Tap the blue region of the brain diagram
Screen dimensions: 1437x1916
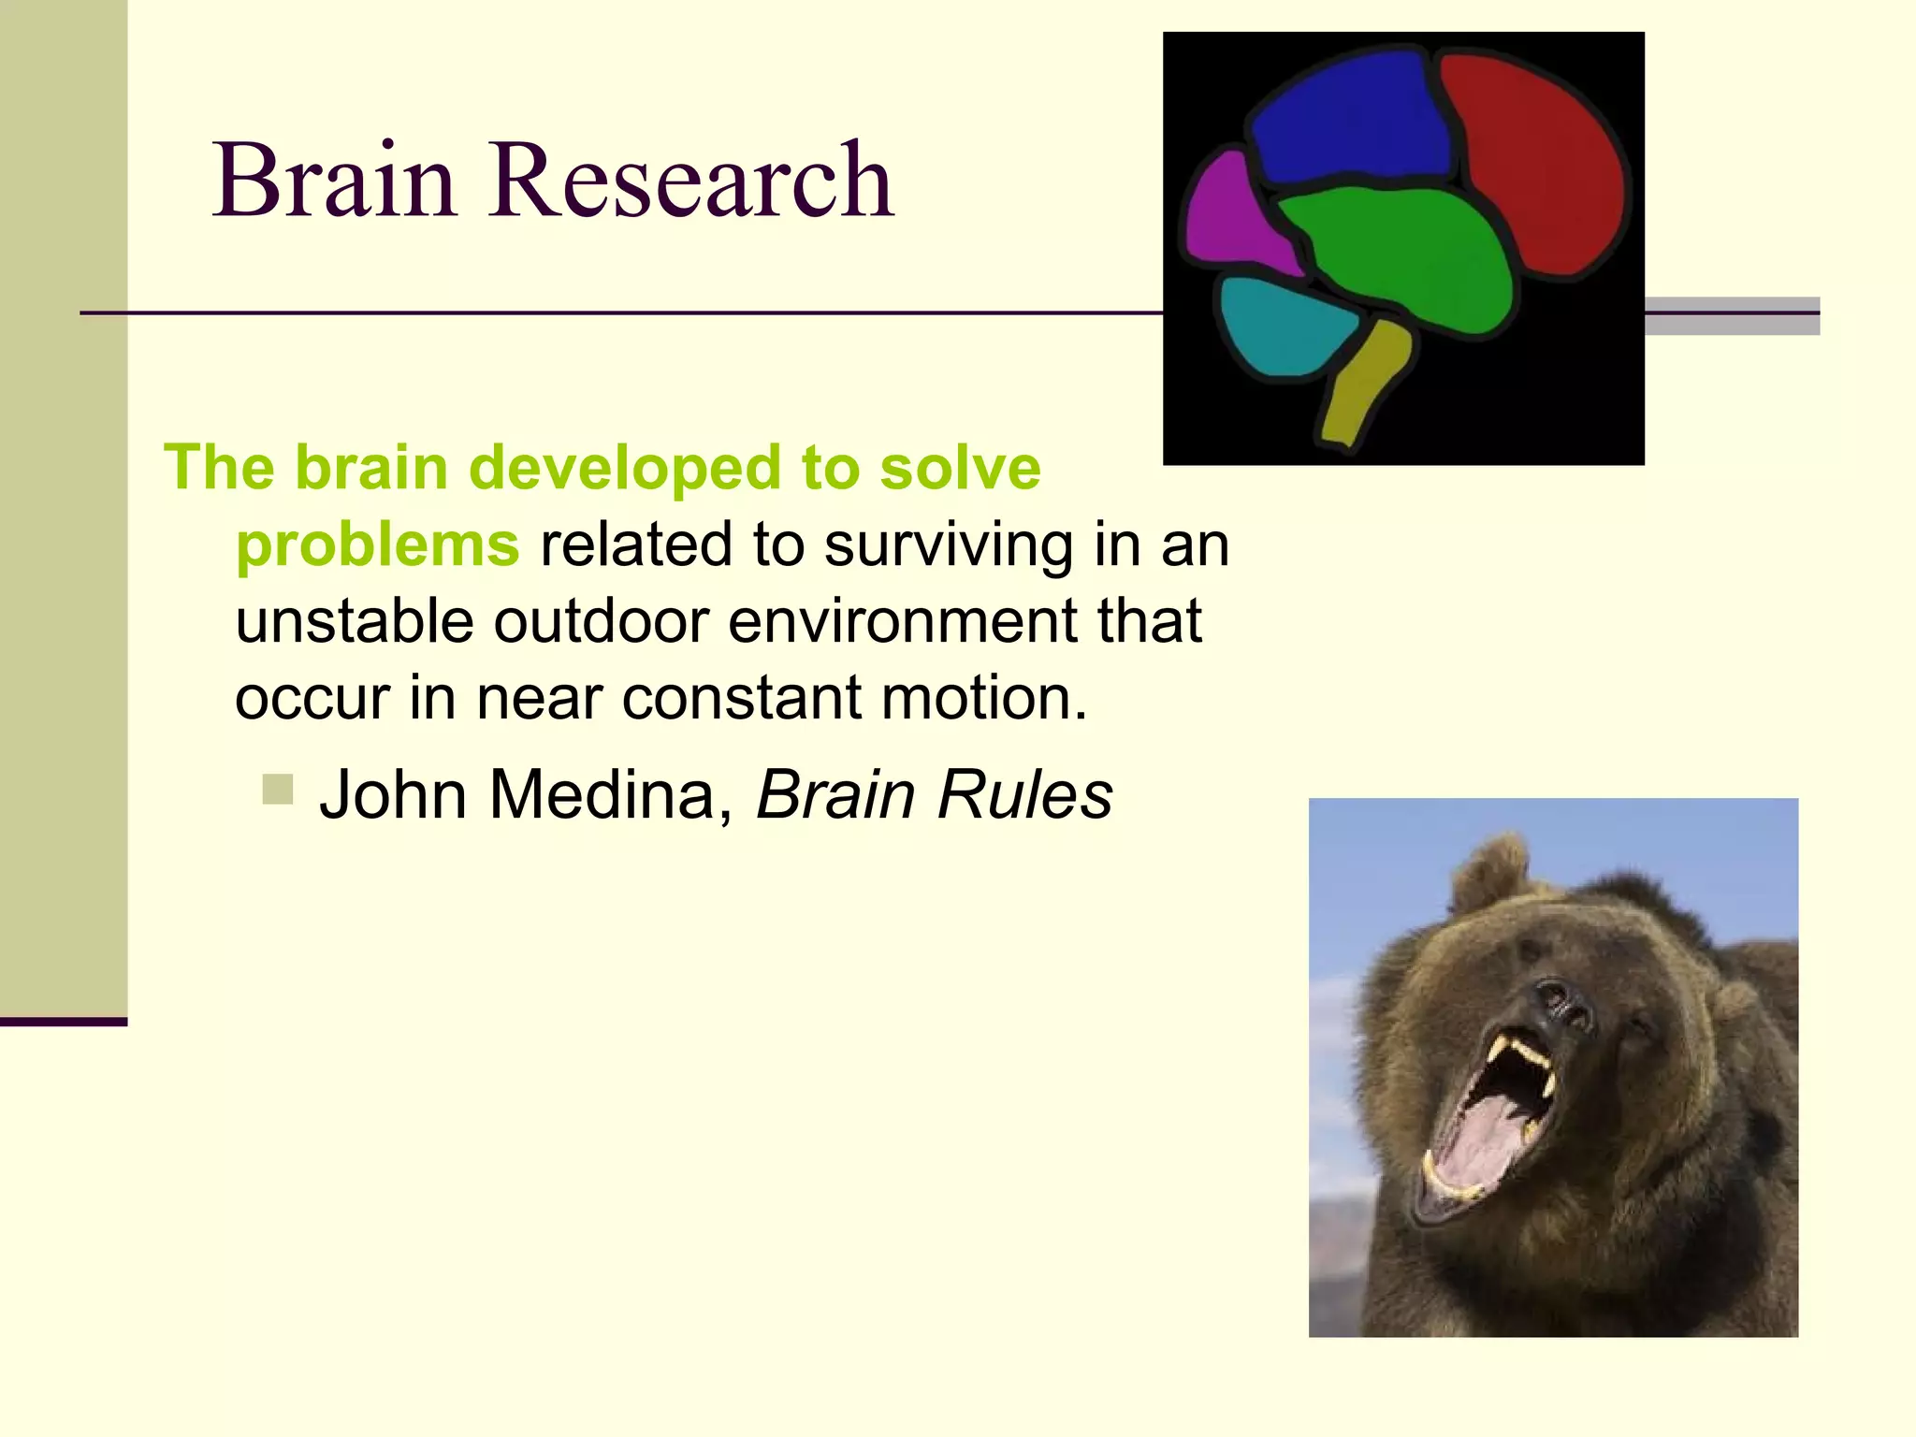click(1352, 117)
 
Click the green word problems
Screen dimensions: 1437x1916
click(377, 544)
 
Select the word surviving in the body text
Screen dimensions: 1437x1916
click(947, 546)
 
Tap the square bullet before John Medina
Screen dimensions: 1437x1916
click(278, 790)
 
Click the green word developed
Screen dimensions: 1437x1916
click(624, 468)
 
